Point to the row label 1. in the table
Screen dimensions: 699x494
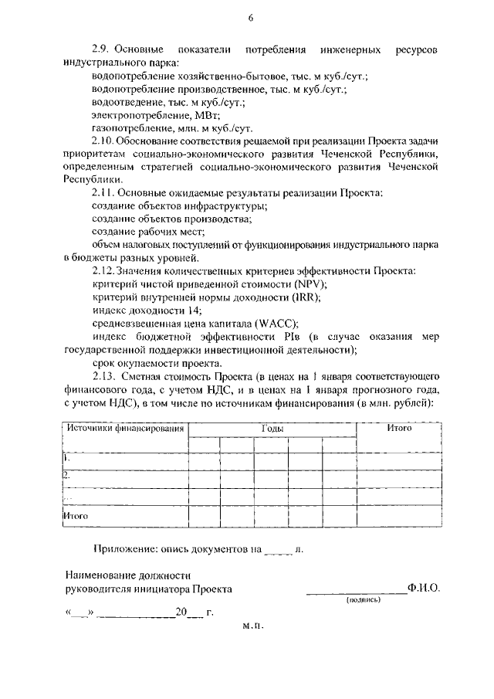click(x=66, y=457)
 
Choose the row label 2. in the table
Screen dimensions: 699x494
click(x=67, y=474)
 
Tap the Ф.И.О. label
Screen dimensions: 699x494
click(x=425, y=589)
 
